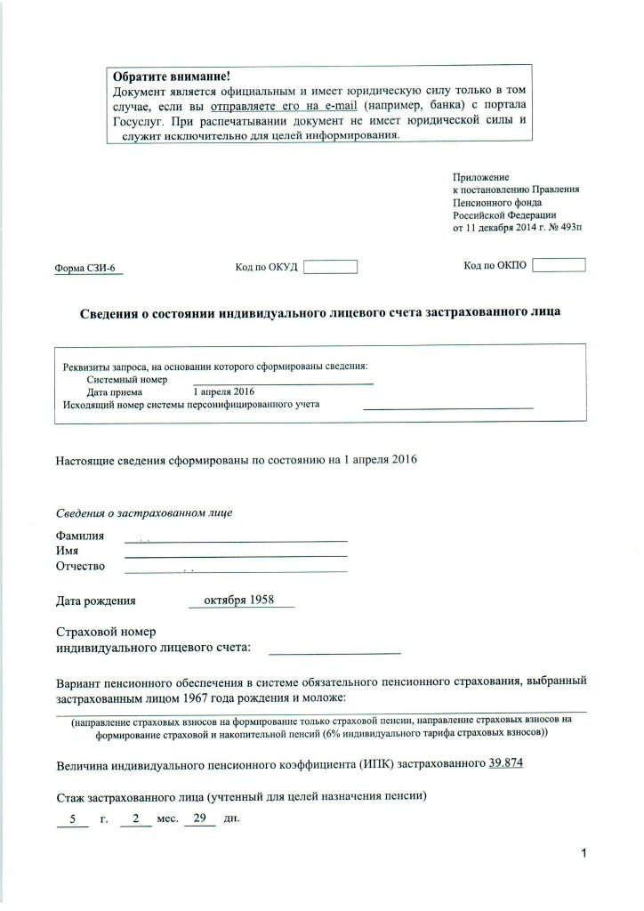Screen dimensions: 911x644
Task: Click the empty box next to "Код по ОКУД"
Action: (330, 266)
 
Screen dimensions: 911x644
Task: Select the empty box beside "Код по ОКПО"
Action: (559, 264)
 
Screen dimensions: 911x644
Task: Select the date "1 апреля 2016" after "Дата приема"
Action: (224, 391)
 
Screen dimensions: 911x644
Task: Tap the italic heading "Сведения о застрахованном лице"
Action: (144, 514)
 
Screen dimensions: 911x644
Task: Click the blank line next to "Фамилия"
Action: (236, 539)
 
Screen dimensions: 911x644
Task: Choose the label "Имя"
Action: (67, 552)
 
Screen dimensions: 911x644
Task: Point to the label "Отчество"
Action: (80, 567)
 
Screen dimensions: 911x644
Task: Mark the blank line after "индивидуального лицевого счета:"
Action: (334, 652)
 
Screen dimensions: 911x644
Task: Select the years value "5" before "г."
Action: (72, 818)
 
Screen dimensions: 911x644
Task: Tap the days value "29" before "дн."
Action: (199, 818)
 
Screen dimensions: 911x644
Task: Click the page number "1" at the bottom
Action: (584, 855)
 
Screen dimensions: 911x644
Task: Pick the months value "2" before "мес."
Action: (135, 818)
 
